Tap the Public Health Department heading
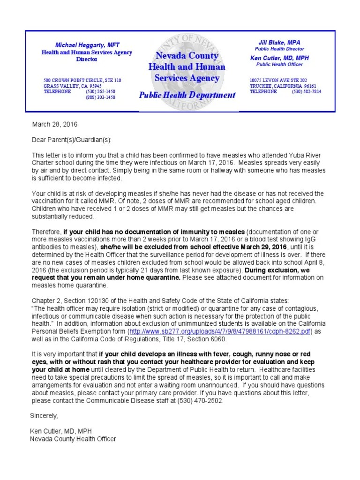click(187, 95)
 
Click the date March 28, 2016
click(54, 125)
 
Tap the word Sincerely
click(45, 416)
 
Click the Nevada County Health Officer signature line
click(73, 439)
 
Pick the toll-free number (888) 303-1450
click(100, 97)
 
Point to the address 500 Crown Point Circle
click(82, 81)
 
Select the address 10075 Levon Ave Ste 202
click(278, 80)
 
